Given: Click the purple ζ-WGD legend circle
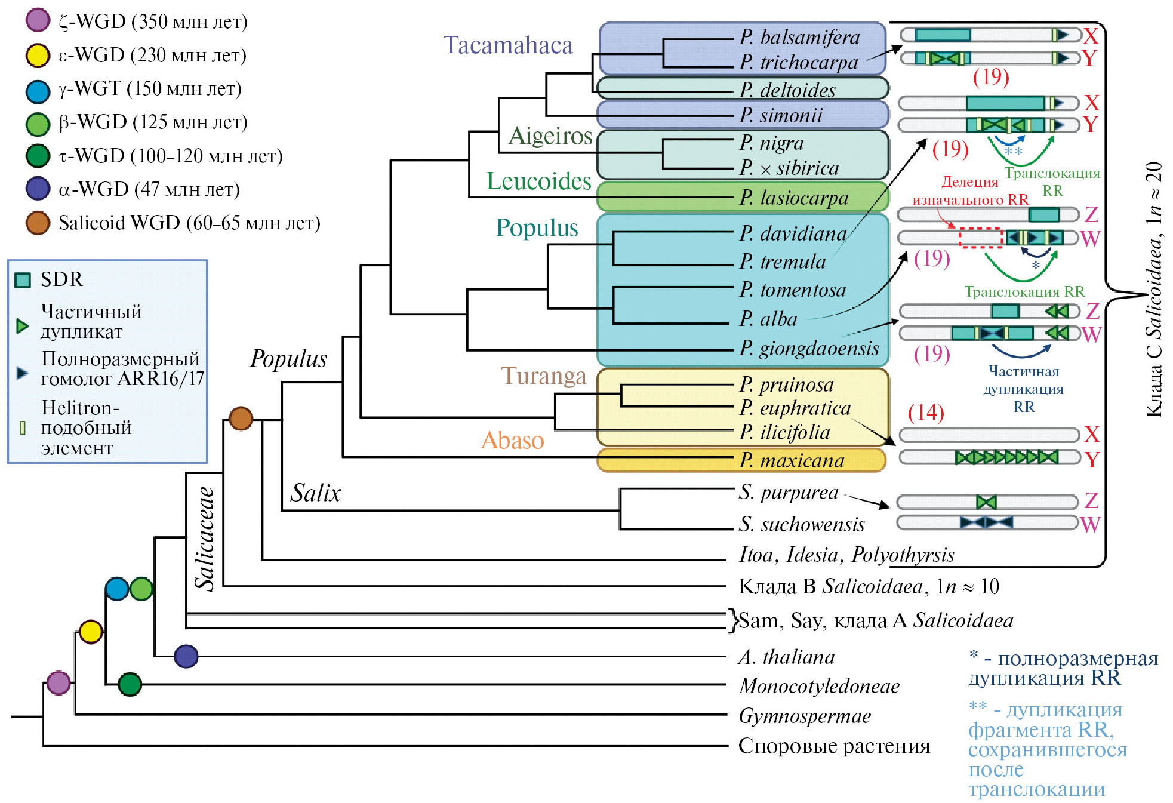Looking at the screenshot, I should [38, 20].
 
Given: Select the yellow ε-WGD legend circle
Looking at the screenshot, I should [38, 55].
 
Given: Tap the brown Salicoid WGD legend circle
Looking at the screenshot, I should [38, 223].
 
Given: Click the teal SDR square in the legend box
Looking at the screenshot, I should [23, 280].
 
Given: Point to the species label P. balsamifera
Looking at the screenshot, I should [799, 37].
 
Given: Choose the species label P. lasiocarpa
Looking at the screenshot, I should [793, 198].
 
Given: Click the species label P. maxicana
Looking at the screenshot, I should [792, 460].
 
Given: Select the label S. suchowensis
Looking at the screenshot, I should [801, 524].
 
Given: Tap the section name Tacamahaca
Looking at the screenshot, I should [507, 45].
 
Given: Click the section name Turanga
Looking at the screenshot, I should [543, 376].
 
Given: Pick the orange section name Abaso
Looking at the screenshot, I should [512, 441].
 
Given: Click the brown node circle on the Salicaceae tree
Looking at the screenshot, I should [241, 419].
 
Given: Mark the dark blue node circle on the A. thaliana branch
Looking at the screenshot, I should [186, 656].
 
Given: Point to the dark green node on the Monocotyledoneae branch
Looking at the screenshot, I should [130, 684].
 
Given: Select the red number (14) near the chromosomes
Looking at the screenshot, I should [925, 412].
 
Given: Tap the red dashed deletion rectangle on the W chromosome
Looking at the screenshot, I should [980, 238].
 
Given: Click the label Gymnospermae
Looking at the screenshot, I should [804, 716].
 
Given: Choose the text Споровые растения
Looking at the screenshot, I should [834, 746].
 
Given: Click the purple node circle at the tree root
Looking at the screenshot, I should [59, 682].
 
